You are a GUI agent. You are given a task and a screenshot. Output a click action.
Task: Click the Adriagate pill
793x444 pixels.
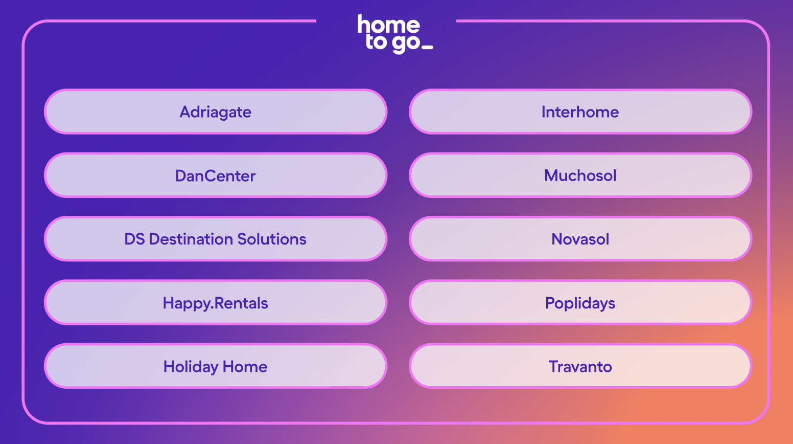pyautogui.click(x=216, y=112)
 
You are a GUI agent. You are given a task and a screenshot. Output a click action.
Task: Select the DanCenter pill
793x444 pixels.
pyautogui.click(x=216, y=175)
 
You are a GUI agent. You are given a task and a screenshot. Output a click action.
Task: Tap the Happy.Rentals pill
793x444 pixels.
pyautogui.click(x=216, y=303)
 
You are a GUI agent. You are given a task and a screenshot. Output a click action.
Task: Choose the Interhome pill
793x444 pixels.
pyautogui.click(x=580, y=112)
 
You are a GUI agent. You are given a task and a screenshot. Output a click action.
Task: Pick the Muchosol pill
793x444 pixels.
pyautogui.click(x=580, y=175)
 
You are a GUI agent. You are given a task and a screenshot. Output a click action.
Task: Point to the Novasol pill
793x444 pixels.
pyautogui.click(x=580, y=239)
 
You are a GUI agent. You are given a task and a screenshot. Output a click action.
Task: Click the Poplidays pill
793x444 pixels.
pyautogui.click(x=580, y=303)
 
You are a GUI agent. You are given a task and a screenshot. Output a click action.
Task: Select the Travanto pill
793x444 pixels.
pyautogui.click(x=580, y=366)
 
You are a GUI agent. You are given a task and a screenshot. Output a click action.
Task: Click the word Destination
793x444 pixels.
pyautogui.click(x=191, y=239)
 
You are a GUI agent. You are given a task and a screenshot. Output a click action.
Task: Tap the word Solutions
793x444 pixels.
pyautogui.click(x=272, y=239)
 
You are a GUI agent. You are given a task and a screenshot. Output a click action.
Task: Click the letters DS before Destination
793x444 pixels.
pyautogui.click(x=134, y=239)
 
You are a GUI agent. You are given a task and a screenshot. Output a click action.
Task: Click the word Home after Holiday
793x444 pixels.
pyautogui.click(x=245, y=366)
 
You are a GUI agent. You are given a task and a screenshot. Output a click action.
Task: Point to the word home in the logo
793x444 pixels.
pyautogui.click(x=389, y=24)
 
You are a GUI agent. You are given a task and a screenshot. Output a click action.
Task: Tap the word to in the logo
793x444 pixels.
pyautogui.click(x=377, y=42)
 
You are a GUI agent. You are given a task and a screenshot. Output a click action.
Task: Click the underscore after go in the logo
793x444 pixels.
pyautogui.click(x=428, y=48)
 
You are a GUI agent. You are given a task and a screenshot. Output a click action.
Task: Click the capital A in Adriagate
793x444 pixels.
pyautogui.click(x=185, y=112)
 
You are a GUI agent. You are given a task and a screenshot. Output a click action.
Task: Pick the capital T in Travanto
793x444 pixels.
pyautogui.click(x=554, y=366)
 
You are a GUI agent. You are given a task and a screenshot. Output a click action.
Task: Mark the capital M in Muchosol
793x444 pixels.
pyautogui.click(x=551, y=176)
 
